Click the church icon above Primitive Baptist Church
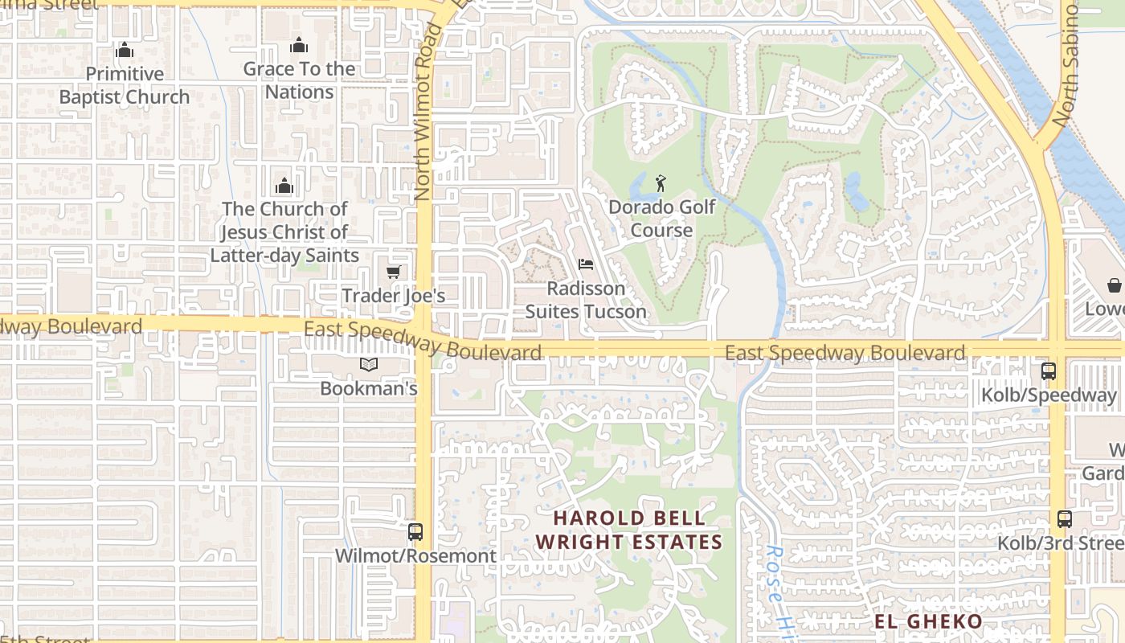[x=124, y=51]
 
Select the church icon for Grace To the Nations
[x=299, y=45]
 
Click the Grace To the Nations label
[x=299, y=80]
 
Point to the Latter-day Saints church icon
[x=284, y=186]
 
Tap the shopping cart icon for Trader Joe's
[x=393, y=272]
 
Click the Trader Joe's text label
[x=393, y=296]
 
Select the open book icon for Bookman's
[x=369, y=365]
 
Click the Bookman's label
[x=369, y=388]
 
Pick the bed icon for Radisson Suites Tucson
[x=586, y=264]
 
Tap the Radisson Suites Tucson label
[x=586, y=300]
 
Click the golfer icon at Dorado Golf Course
[x=661, y=183]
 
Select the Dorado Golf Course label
[x=661, y=219]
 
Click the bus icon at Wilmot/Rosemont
[x=415, y=531]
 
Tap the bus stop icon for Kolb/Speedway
[x=1049, y=371]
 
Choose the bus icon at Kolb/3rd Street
[x=1065, y=519]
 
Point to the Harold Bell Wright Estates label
[x=629, y=530]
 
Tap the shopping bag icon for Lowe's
[x=1115, y=286]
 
